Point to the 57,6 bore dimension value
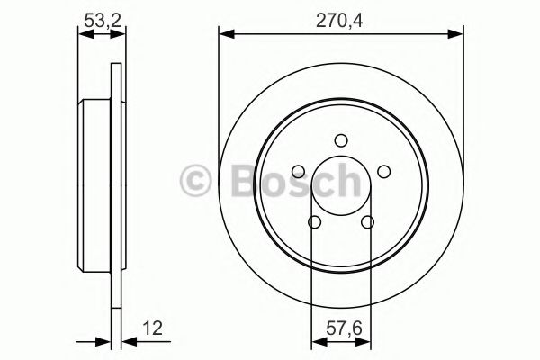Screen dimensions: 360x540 (x=339, y=329)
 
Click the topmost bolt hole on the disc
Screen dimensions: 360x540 (x=339, y=140)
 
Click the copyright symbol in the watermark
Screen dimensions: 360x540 (x=197, y=179)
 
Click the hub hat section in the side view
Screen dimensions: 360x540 (x=94, y=179)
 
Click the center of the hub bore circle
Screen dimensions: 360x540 (x=339, y=186)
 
